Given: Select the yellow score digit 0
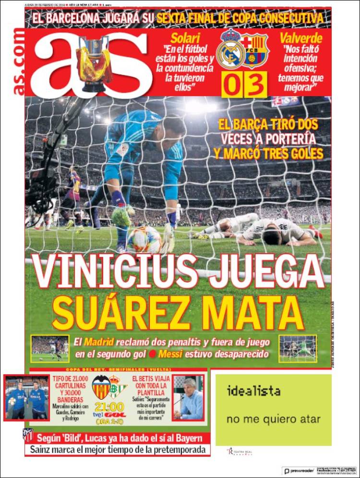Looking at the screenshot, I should point(231,85).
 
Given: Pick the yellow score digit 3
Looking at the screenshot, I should point(255,85).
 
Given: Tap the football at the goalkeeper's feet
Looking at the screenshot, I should point(144,239).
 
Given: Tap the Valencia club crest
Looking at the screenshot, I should point(101,388).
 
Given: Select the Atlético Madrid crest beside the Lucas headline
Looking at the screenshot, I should point(27,436).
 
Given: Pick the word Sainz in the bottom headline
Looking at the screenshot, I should point(42,450).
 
